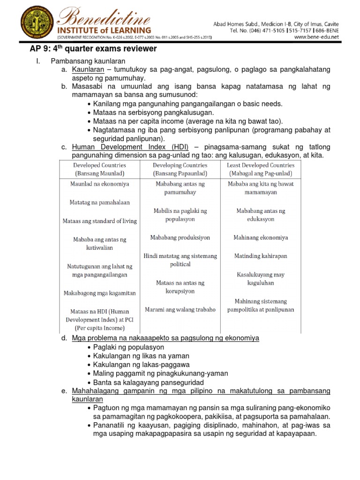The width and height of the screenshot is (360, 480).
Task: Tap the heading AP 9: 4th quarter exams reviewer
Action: pos(90,49)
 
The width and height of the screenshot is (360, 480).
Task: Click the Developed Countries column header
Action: pos(99,169)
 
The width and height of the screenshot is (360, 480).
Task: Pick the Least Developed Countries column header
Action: pos(261,169)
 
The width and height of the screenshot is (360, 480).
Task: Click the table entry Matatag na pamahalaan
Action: pos(99,202)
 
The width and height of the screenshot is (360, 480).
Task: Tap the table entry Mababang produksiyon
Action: pos(180,238)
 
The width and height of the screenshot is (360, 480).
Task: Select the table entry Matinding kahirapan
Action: pos(261,256)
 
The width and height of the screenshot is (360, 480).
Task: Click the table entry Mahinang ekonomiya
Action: pos(261,238)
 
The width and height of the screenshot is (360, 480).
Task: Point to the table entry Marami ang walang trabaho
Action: pos(180,309)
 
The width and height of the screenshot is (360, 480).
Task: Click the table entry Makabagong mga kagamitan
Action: pos(99,293)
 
